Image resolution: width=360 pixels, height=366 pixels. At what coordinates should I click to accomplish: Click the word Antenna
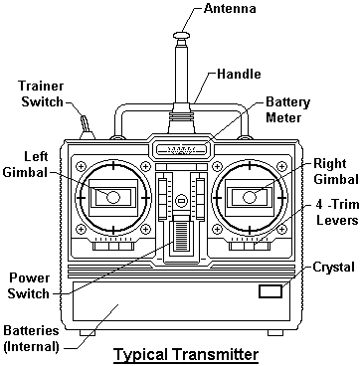coord(230,8)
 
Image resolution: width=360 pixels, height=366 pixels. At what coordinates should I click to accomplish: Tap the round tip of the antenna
coord(182,34)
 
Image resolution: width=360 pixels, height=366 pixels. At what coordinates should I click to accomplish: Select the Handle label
coord(239,74)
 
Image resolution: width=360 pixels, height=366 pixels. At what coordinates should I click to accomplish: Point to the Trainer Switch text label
coord(41,93)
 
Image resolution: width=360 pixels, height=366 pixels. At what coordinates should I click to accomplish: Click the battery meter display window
coord(182,149)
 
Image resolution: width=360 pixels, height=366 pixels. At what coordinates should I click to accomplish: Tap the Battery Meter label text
coord(287,109)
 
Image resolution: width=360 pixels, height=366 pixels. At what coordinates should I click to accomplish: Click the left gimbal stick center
coord(113,197)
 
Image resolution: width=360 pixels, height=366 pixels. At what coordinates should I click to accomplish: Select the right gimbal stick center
coord(250,197)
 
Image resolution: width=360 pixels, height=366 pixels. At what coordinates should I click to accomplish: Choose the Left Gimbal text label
coord(32,165)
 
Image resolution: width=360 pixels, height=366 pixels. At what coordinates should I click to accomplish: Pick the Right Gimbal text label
coord(335,172)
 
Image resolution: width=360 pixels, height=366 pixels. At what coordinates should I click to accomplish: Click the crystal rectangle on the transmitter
coord(270,291)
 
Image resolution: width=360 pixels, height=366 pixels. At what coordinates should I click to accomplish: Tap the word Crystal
coord(333,268)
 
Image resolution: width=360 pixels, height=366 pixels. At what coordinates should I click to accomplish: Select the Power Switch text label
coord(28,286)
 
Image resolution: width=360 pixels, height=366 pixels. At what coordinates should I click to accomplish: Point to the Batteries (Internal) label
coord(31,338)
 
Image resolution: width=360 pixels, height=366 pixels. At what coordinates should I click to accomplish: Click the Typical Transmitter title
coord(186,355)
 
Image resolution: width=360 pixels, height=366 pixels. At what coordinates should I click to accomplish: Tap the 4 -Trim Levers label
coord(337,213)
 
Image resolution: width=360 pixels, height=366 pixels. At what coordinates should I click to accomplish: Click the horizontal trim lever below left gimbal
coord(113,246)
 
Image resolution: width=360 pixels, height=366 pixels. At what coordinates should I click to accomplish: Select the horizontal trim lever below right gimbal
coord(250,246)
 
